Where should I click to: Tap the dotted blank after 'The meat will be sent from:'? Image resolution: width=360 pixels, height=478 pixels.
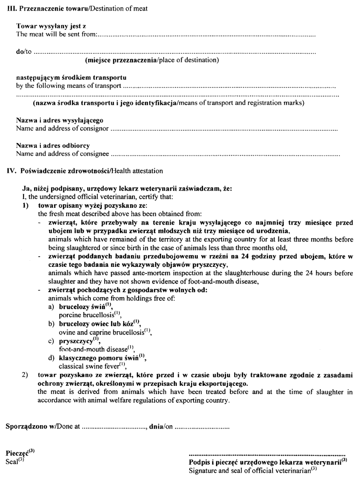[x=206, y=35]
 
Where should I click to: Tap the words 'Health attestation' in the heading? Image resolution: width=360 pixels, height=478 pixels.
[x=137, y=170]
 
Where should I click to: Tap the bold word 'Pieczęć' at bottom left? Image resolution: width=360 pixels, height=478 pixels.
[x=17, y=453]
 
